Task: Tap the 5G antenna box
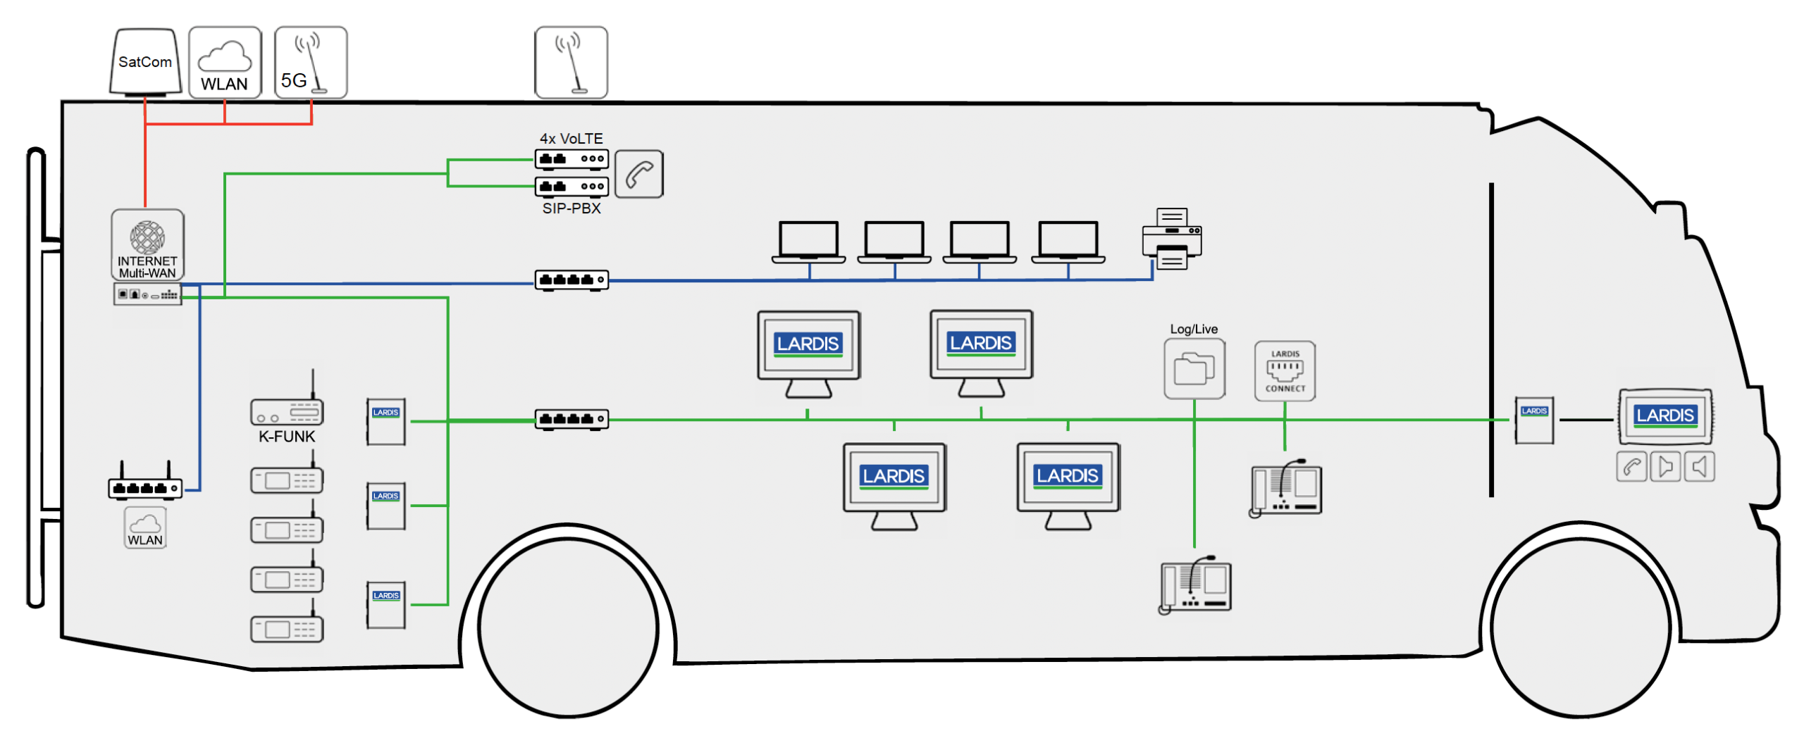coord(310,62)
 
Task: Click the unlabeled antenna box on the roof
coord(570,62)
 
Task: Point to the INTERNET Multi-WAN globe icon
coord(147,237)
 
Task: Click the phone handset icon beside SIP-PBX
coord(638,174)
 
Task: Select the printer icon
coord(1171,239)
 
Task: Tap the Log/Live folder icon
coord(1194,369)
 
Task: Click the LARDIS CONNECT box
coord(1284,371)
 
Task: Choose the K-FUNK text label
coord(287,437)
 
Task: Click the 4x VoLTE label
coord(571,139)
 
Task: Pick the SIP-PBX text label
coord(571,208)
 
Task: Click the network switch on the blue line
coord(571,280)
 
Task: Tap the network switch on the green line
coord(571,419)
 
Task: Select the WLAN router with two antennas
coord(144,486)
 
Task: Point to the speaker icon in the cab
coord(1699,467)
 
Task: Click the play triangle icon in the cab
coord(1664,467)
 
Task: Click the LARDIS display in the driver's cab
coord(1664,416)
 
